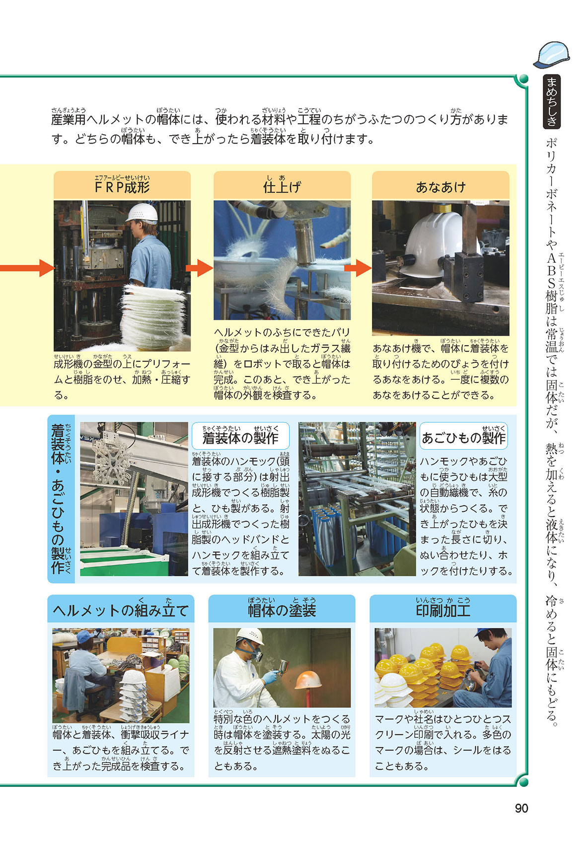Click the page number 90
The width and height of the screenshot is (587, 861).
click(x=521, y=808)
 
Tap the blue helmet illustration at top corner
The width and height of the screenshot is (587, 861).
click(x=552, y=54)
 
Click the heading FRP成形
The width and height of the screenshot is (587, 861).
click(x=122, y=187)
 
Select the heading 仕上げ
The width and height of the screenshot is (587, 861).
click(x=282, y=187)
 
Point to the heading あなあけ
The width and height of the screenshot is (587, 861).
click(x=440, y=187)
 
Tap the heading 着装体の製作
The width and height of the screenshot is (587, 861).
click(x=240, y=438)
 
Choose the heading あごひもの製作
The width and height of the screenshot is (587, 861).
click(x=463, y=438)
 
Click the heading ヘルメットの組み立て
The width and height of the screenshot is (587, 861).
click(x=121, y=610)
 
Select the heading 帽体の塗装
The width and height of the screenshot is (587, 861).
click(x=282, y=610)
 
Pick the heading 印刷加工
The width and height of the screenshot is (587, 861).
click(x=443, y=610)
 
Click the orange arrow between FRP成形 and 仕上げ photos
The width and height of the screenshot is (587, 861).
click(x=200, y=268)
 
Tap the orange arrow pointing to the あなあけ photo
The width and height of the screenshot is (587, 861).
click(x=358, y=268)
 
